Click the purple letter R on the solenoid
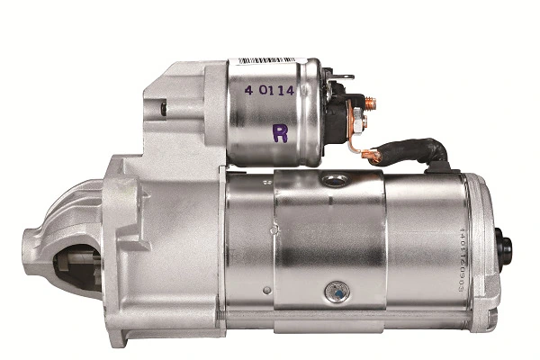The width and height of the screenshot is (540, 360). (x=281, y=134)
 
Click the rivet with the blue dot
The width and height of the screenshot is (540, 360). (x=334, y=291)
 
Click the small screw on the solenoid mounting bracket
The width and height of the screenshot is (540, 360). (x=164, y=109)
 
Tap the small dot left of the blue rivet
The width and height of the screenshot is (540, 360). (x=266, y=290)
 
